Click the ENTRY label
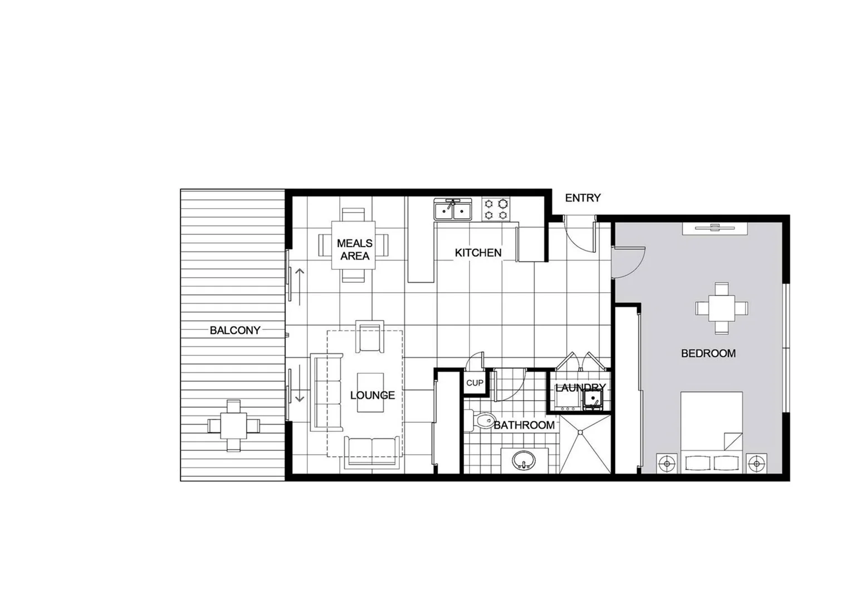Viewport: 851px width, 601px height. coord(583,198)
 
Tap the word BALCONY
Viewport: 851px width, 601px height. coord(234,330)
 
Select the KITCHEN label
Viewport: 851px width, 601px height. coord(478,253)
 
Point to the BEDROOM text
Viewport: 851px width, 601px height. coord(708,353)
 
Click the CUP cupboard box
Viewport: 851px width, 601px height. coord(475,383)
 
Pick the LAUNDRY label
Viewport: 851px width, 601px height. coord(580,387)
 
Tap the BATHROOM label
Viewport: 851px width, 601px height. coord(524,425)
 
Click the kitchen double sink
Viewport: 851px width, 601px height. coord(453,211)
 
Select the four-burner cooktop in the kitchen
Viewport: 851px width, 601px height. coord(496,209)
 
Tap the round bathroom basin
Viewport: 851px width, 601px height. coord(524,460)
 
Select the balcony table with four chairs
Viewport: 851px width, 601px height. coord(234,426)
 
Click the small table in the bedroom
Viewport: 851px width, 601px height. coord(721,308)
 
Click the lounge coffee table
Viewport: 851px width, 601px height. coord(370,392)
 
